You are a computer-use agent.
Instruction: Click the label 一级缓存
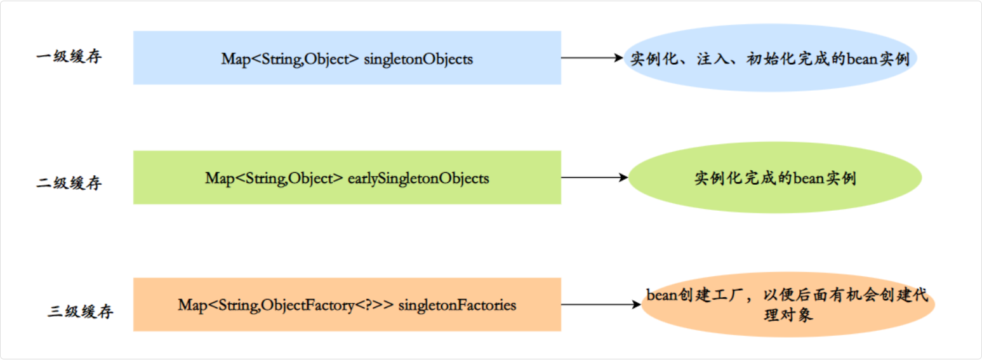coord(69,57)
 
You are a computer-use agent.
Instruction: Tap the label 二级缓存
coord(69,183)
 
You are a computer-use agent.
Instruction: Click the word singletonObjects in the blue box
coord(418,59)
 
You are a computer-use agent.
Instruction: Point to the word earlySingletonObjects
coord(418,178)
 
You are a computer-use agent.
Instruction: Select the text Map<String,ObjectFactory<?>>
coord(286,305)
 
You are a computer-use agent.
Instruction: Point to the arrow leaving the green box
coord(594,178)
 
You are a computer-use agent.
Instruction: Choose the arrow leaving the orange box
coord(600,305)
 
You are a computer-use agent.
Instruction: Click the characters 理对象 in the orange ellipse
coord(789,315)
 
